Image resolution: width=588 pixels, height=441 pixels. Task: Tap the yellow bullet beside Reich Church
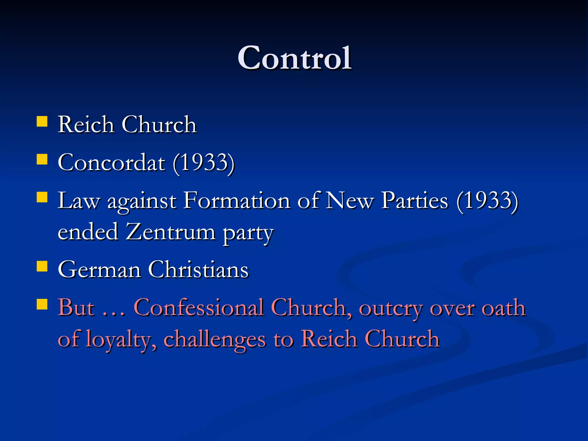pyautogui.click(x=42, y=121)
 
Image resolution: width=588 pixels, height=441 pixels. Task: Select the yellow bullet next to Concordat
pyautogui.click(x=42, y=159)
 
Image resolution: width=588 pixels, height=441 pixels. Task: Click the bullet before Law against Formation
pyautogui.click(x=42, y=197)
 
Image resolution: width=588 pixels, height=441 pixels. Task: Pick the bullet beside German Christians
pyautogui.click(x=42, y=266)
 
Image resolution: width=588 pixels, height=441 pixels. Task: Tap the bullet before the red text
pyautogui.click(x=42, y=304)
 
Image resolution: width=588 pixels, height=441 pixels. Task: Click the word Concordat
pyautogui.click(x=111, y=163)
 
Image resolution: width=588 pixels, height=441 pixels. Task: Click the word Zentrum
pyautogui.click(x=171, y=232)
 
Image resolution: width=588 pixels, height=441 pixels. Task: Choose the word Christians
pyautogui.click(x=198, y=270)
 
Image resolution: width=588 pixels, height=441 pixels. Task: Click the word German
pyautogui.click(x=99, y=270)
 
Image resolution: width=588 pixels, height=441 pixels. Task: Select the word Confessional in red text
pyautogui.click(x=199, y=308)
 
